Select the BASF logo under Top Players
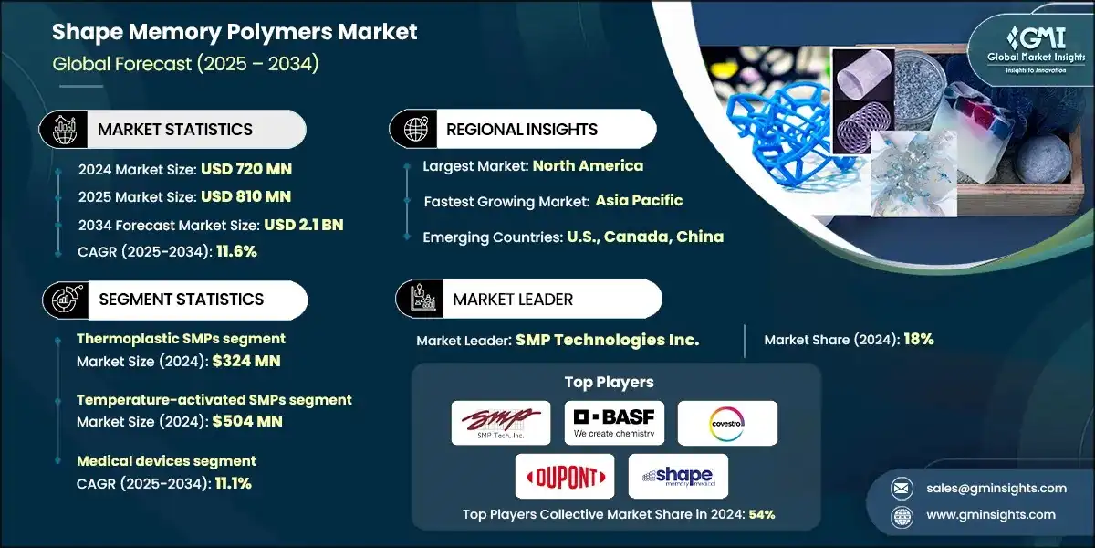(614, 423)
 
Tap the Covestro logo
(727, 423)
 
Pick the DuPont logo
(565, 476)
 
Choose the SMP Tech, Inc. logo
(501, 423)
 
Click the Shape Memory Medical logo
(678, 476)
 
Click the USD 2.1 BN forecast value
(303, 225)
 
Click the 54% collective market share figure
(762, 514)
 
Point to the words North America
(588, 166)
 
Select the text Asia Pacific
(639, 201)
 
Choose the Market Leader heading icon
(420, 299)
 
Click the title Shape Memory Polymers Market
(235, 33)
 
